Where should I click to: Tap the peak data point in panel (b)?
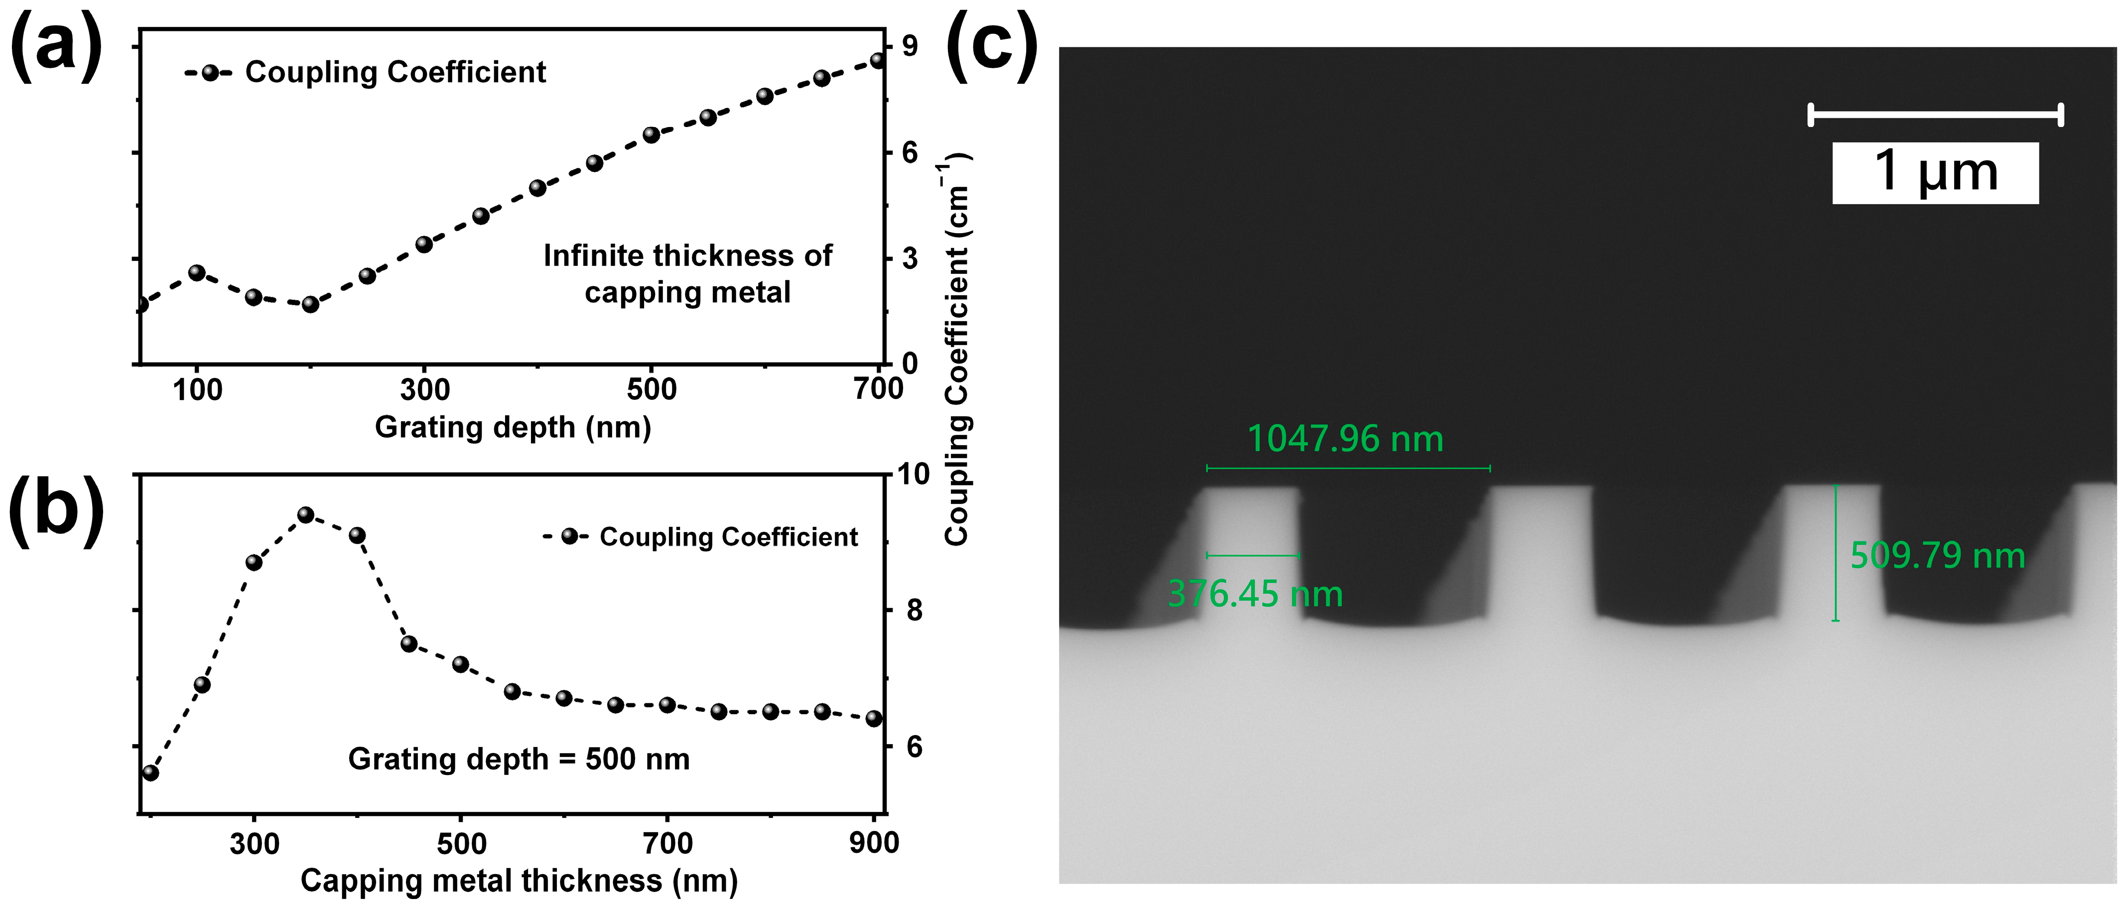coord(305,515)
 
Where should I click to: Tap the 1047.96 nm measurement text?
coord(1344,439)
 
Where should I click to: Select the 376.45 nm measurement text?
coord(1255,594)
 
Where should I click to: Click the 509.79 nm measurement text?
coord(1937,556)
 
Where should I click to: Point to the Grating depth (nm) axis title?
coord(513,428)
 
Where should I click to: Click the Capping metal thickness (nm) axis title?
coord(519,881)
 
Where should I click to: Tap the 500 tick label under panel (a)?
coord(652,389)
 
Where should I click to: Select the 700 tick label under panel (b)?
coord(667,843)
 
